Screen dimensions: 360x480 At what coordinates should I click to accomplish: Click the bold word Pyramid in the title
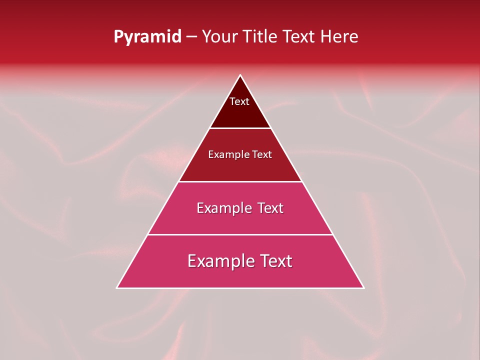147,37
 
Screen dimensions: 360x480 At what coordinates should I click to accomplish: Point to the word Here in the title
339,37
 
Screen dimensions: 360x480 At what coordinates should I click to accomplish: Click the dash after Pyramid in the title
191,37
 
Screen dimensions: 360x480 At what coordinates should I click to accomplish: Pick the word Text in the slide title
299,37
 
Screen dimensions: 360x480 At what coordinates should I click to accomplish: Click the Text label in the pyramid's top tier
239,101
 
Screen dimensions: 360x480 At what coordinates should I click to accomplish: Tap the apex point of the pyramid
240,75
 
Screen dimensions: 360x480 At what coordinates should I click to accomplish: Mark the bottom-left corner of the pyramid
117,288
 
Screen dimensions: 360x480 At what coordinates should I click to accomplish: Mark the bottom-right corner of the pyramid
364,288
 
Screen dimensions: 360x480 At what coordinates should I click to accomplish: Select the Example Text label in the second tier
240,154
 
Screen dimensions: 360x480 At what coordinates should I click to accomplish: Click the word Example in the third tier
222,208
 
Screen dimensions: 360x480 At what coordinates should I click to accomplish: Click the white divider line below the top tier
240,128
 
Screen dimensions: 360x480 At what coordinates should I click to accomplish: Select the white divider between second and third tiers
240,181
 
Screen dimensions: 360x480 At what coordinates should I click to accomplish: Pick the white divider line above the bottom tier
240,234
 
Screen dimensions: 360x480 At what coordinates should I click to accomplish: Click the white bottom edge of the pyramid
240,288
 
